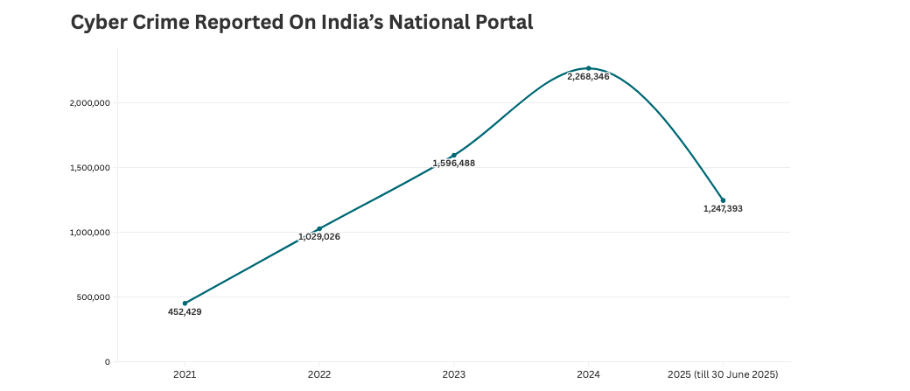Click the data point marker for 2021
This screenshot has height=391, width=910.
[185, 304]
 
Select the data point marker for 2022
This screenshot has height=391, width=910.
[319, 228]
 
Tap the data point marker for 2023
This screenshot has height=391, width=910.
[453, 155]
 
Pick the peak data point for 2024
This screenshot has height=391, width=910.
[588, 68]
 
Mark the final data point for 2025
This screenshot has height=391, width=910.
[723, 200]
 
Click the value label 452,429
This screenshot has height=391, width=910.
[185, 312]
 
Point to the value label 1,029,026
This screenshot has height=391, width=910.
[319, 237]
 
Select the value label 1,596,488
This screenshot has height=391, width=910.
[453, 164]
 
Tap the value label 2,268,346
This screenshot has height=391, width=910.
[588, 77]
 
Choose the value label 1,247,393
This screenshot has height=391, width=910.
[723, 209]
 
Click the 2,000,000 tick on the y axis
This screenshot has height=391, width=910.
[89, 103]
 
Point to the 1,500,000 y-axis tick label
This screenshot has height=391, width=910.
[89, 168]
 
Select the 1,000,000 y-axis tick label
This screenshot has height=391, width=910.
[89, 233]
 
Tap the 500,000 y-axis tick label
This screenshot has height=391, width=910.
[93, 297]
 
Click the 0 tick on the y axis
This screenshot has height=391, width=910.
[107, 362]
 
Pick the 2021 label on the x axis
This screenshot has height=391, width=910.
[185, 374]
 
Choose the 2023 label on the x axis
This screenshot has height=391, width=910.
[453, 374]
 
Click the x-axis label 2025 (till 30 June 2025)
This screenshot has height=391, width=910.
[723, 374]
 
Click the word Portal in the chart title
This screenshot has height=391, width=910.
[500, 24]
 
